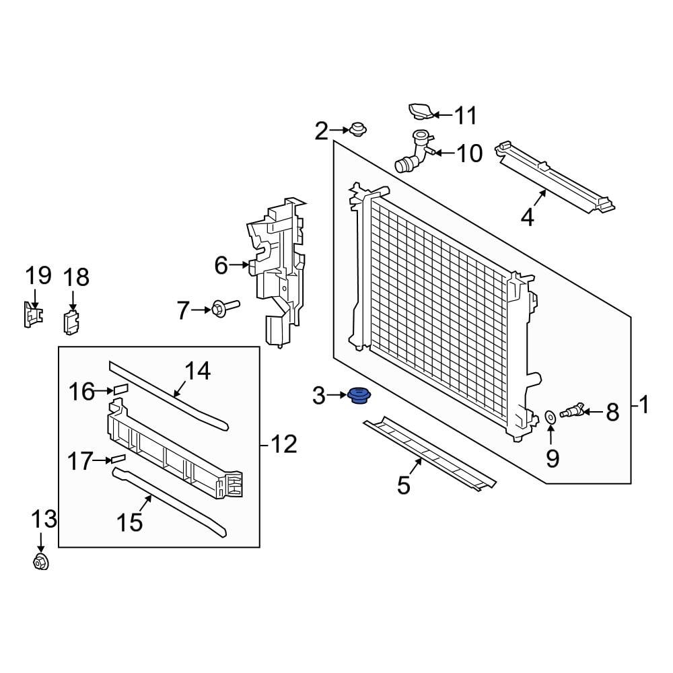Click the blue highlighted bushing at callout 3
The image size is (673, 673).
click(x=358, y=396)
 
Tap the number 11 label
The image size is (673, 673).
click(x=464, y=115)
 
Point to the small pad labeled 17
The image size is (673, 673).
click(x=118, y=458)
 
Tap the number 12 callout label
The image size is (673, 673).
click(x=283, y=444)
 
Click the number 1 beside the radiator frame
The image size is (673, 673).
click(x=644, y=405)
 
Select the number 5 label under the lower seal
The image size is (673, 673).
click(x=403, y=485)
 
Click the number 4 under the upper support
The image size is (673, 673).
click(x=527, y=217)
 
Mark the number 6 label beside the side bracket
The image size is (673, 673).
click(x=221, y=266)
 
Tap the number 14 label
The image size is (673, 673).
click(x=197, y=370)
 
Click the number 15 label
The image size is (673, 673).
click(x=131, y=522)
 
